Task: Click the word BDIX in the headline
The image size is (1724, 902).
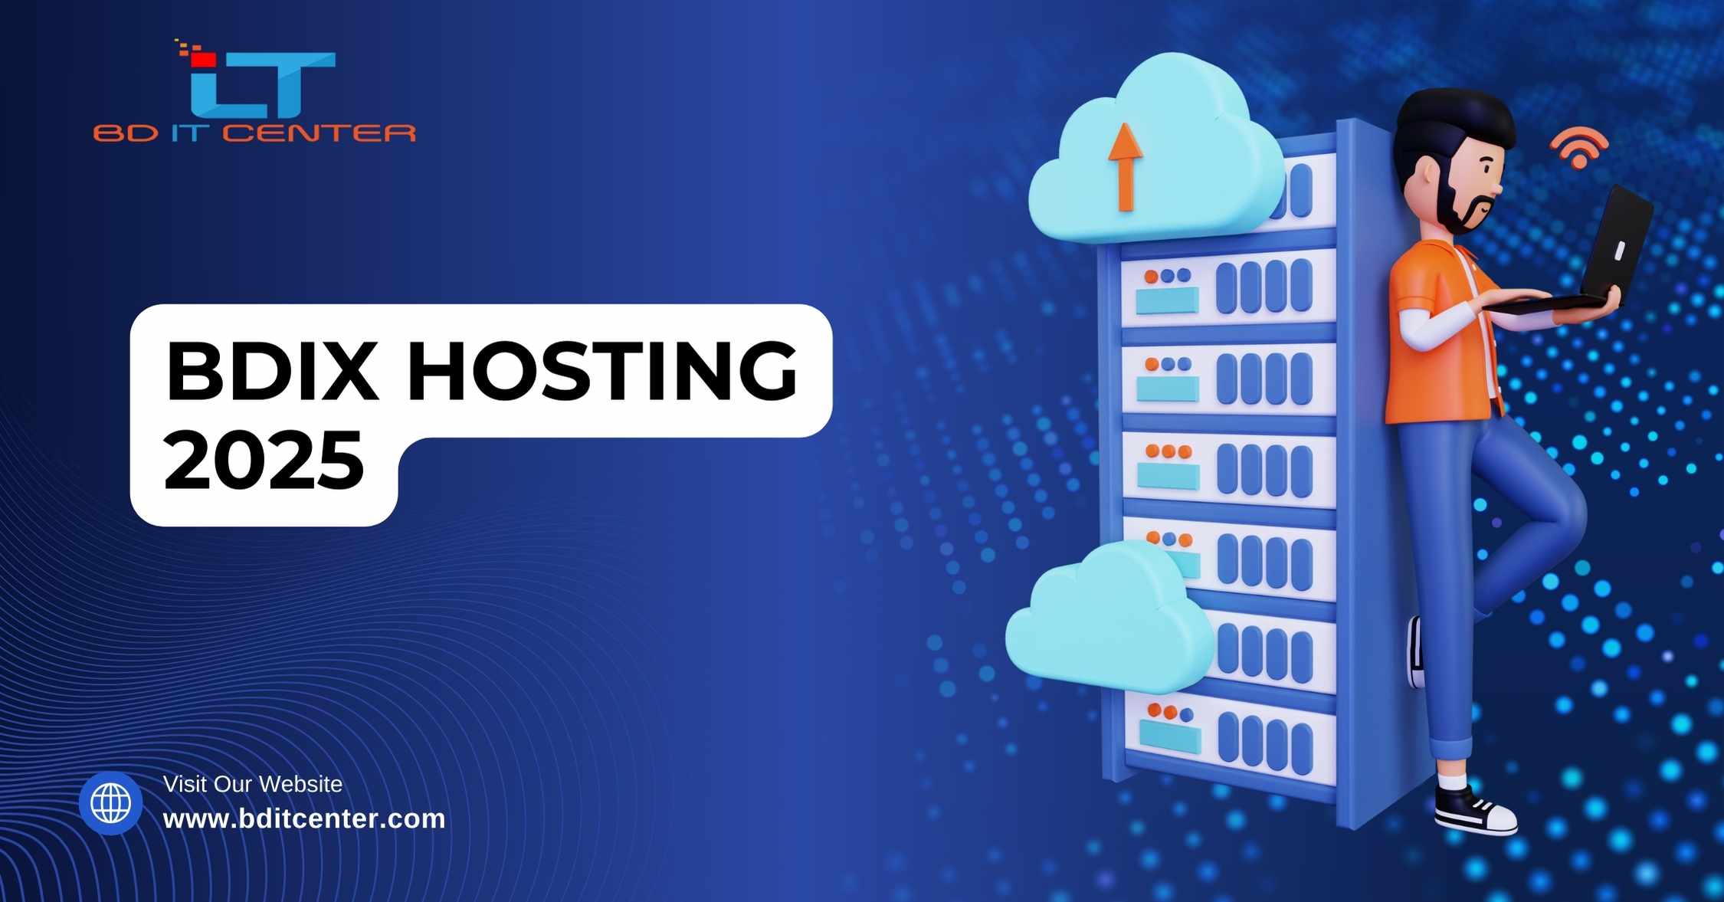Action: click(x=272, y=371)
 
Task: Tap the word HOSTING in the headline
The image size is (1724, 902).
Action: click(x=603, y=371)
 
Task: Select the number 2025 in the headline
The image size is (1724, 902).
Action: click(x=264, y=460)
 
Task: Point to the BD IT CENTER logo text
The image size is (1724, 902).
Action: click(x=254, y=133)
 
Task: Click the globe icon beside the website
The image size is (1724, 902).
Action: click(x=111, y=803)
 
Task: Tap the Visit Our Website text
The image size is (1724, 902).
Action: click(x=253, y=784)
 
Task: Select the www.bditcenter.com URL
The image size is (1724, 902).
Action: click(x=304, y=818)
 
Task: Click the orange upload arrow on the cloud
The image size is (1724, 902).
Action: click(x=1125, y=167)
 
